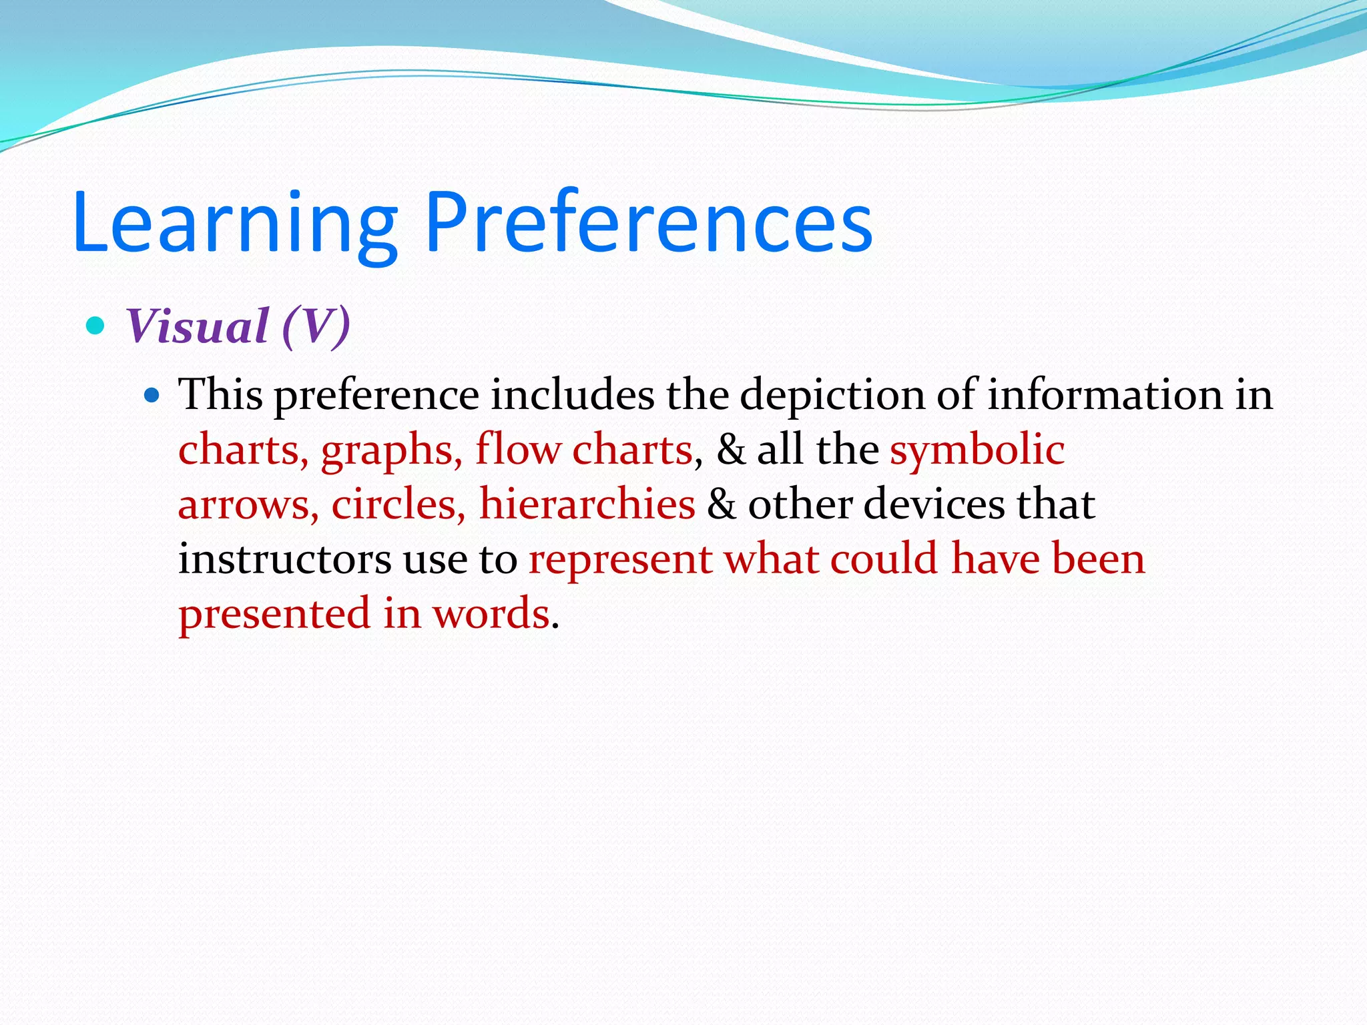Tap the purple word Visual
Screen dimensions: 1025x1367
pyautogui.click(x=197, y=326)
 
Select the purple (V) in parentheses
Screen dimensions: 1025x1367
pyautogui.click(x=316, y=326)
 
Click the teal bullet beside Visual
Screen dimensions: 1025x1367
pyautogui.click(x=96, y=326)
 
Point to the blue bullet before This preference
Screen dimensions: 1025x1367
pyautogui.click(x=152, y=396)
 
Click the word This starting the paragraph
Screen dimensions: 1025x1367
pyautogui.click(x=220, y=394)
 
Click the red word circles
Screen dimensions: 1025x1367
pyautogui.click(x=398, y=504)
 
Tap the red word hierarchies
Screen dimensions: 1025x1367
pyautogui.click(x=587, y=504)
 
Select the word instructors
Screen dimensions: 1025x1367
pyautogui.click(x=284, y=559)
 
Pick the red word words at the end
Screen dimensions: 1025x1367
pyautogui.click(x=491, y=614)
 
